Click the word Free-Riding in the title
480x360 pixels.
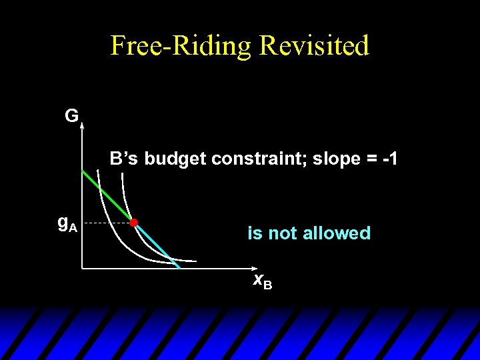click(x=181, y=45)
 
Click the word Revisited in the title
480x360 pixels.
click(x=314, y=45)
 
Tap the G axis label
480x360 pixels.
click(x=71, y=116)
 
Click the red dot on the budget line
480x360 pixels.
click(x=133, y=222)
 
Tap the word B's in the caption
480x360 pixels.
click(x=125, y=159)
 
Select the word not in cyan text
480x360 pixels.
click(x=283, y=233)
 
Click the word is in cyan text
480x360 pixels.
click(x=254, y=233)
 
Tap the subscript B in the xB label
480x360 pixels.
click(x=267, y=285)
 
